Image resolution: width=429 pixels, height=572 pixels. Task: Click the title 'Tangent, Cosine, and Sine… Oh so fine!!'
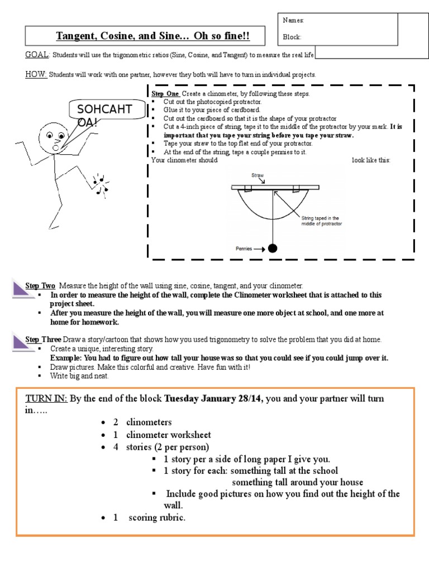coord(152,37)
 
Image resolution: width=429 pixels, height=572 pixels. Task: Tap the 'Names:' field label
coord(293,20)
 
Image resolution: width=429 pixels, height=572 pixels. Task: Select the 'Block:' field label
coord(292,37)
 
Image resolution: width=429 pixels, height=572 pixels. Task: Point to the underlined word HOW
coord(36,74)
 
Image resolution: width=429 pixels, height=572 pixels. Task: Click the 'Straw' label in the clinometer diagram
coord(258,175)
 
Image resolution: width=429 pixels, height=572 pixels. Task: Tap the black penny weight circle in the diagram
coord(273,249)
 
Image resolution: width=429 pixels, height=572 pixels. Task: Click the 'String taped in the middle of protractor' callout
coord(321,221)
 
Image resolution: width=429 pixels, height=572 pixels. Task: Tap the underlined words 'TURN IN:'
coord(46,399)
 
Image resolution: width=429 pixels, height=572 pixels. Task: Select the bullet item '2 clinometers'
coord(142,422)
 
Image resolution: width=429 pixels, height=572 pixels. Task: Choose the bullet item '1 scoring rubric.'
coord(149,518)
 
